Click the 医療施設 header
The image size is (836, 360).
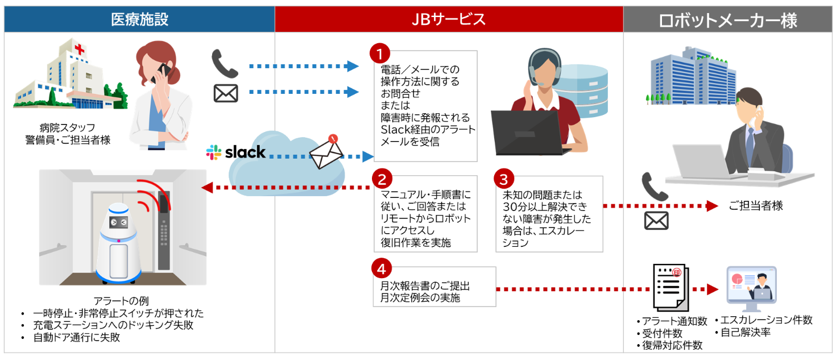click(x=139, y=19)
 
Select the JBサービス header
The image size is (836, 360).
click(x=449, y=19)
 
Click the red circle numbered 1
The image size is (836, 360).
click(x=379, y=54)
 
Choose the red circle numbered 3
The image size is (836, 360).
click(x=503, y=179)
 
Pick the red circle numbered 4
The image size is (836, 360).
click(x=380, y=268)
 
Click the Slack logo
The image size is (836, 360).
click(x=236, y=152)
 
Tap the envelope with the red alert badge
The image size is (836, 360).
click(x=327, y=153)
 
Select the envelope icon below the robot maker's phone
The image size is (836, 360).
click(x=656, y=220)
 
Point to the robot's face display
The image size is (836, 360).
click(x=119, y=222)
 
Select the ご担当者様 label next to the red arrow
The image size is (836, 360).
click(x=756, y=206)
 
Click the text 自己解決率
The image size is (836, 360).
click(x=746, y=333)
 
